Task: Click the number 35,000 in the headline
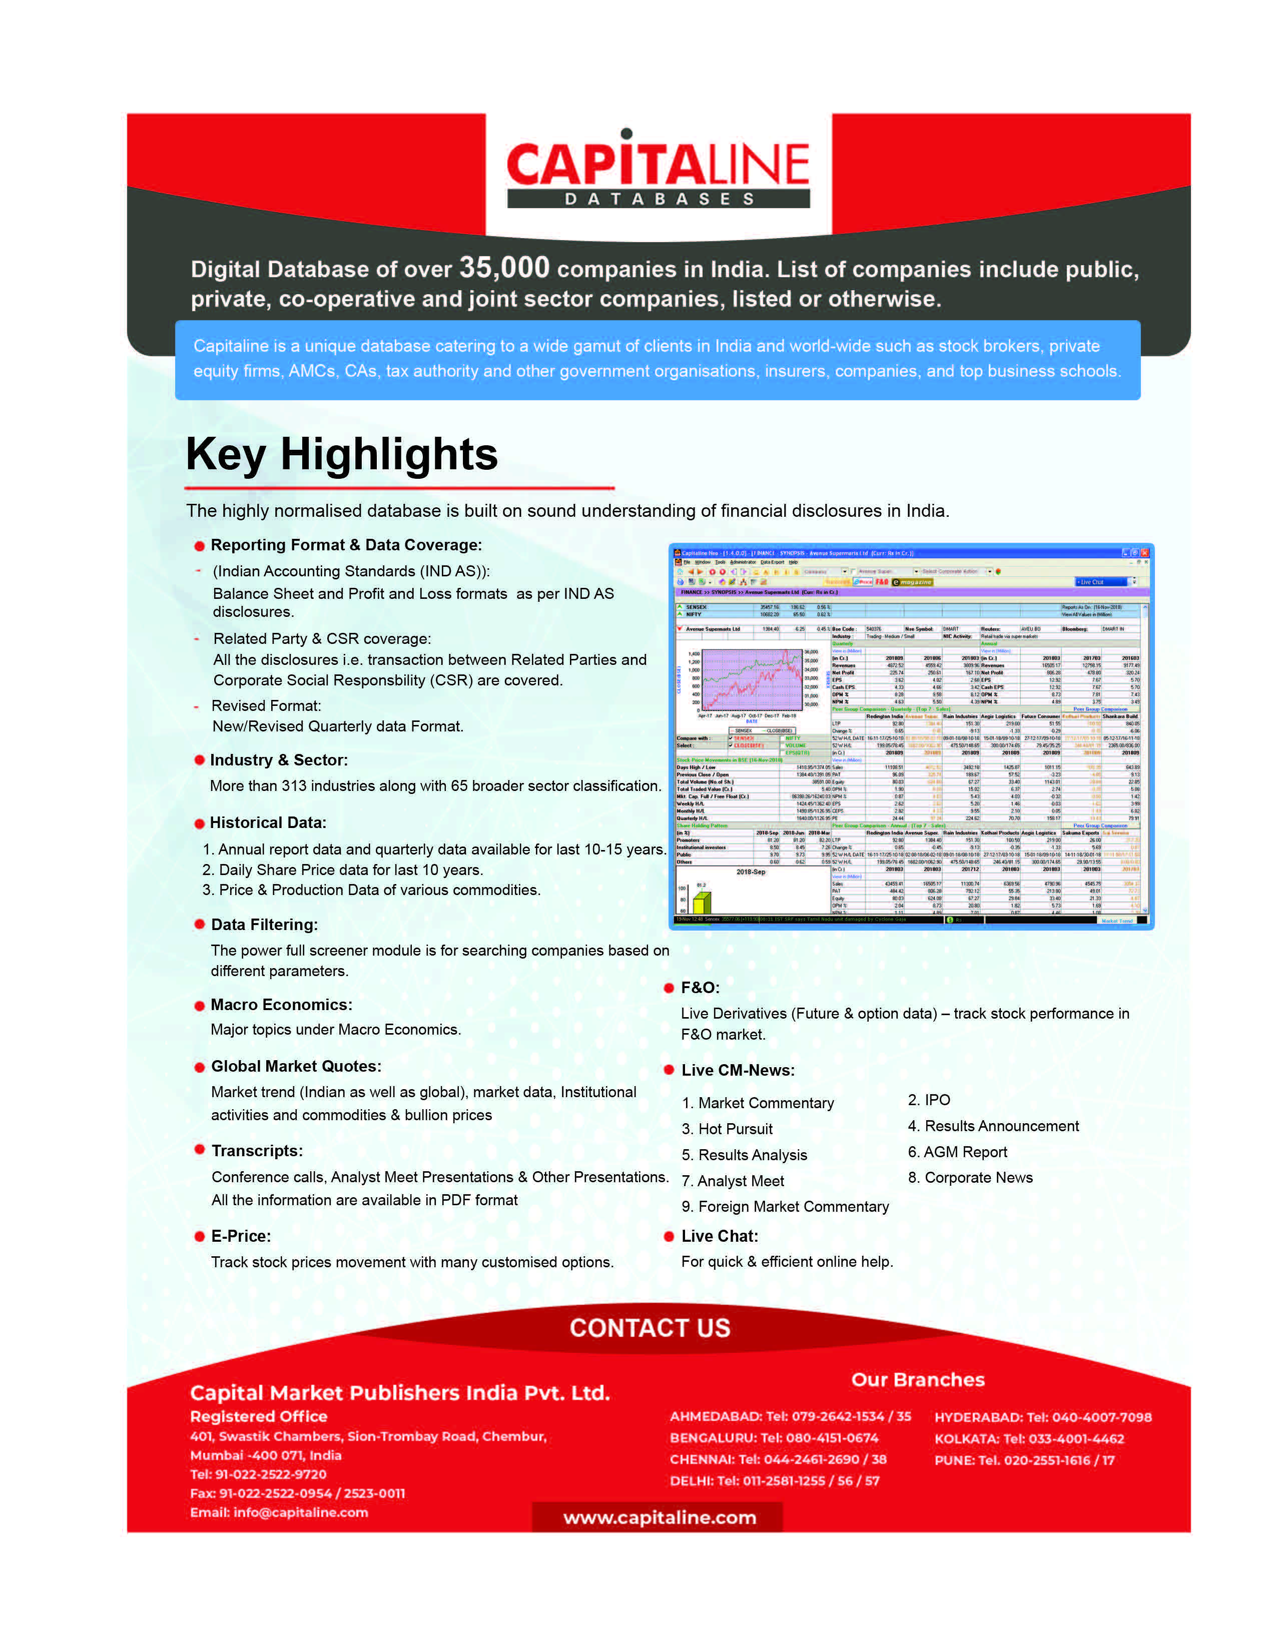tap(504, 268)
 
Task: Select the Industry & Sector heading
tap(279, 760)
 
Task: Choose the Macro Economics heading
tap(281, 1005)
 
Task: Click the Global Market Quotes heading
tap(296, 1066)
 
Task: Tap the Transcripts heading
tap(257, 1151)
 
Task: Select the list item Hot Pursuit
tap(727, 1129)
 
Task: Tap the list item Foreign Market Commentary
tap(786, 1207)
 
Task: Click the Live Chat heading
tap(720, 1236)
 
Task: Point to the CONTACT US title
tap(650, 1328)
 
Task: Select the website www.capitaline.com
tap(659, 1518)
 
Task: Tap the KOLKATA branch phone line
tap(1029, 1438)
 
